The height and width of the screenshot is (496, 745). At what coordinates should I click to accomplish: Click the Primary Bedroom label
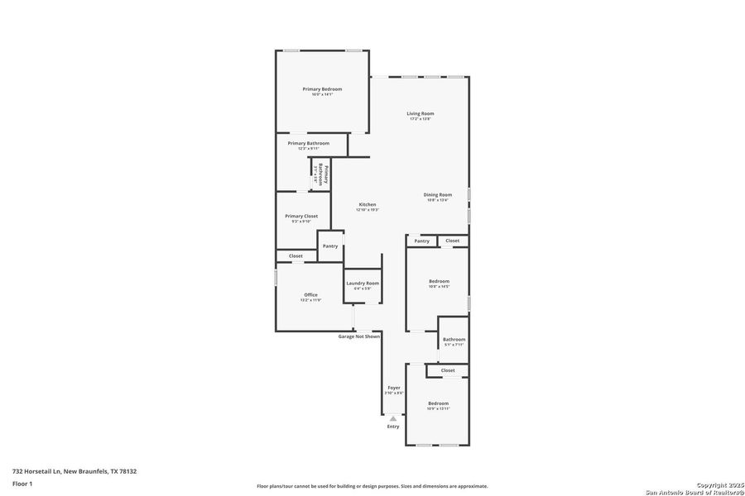point(322,89)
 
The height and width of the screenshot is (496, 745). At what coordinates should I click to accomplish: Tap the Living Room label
point(421,114)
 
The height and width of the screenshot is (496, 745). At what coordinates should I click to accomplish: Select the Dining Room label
point(438,194)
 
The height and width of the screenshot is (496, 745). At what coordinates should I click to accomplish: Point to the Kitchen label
point(368,205)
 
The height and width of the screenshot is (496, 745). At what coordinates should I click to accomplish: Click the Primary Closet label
point(301,217)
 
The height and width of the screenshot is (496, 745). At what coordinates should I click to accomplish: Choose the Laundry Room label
point(363,284)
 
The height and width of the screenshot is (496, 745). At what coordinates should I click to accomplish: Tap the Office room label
point(310,295)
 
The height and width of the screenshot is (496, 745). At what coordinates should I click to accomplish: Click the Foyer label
point(394,388)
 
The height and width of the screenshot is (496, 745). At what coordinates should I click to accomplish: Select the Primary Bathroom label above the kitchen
point(309,144)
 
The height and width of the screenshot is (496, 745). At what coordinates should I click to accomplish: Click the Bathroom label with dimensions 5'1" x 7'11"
point(454,340)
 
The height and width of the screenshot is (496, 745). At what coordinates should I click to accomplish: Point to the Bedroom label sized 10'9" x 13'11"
point(438,403)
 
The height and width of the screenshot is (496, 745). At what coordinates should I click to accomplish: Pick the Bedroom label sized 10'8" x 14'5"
point(439,282)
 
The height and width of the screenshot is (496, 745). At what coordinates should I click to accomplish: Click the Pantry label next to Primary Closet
point(330,246)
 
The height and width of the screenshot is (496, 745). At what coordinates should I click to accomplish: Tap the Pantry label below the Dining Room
point(422,241)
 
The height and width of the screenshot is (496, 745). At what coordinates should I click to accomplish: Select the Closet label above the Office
point(296,256)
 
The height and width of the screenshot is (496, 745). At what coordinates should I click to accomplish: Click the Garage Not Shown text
point(359,336)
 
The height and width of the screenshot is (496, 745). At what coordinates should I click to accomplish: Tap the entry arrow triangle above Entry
point(393,418)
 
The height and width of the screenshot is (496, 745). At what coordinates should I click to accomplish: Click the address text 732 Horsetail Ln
point(74,471)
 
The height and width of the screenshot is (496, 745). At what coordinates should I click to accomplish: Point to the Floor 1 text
point(22,483)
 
